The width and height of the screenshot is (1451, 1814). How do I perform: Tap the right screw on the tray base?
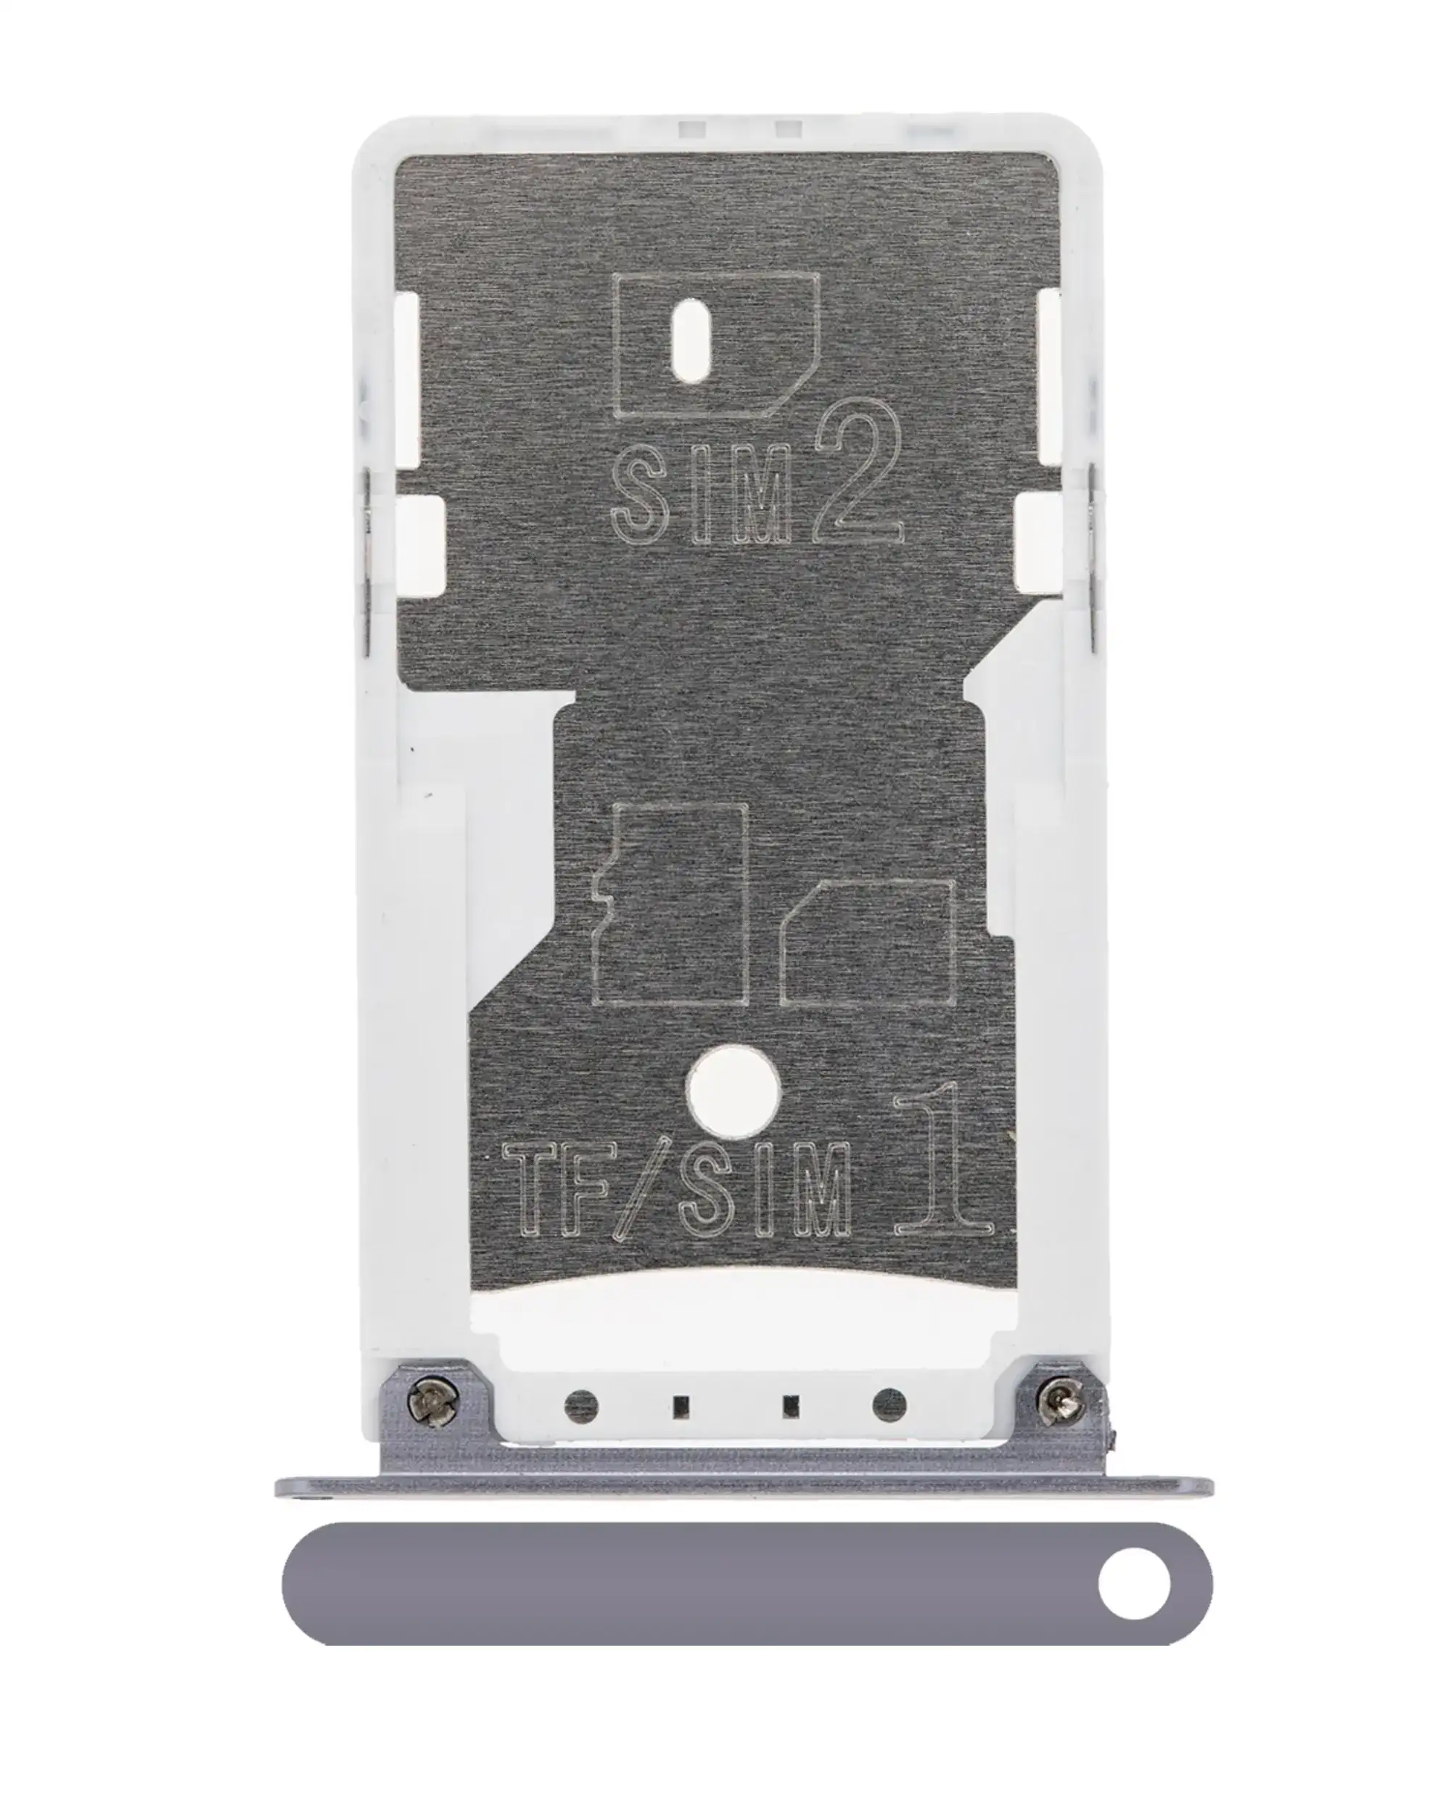(1060, 1404)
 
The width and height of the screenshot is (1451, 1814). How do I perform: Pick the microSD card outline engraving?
(670, 905)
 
